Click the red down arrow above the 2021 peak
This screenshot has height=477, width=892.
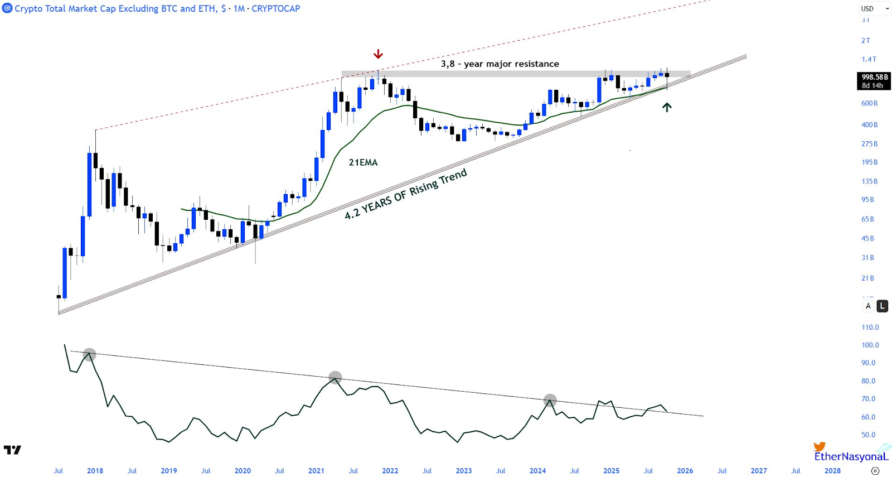pos(378,54)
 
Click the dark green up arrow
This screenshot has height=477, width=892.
pos(667,107)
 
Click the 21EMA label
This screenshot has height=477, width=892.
pos(363,162)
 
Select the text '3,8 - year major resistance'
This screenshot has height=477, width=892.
pos(500,64)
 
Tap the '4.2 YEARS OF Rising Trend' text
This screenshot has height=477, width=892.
pos(406,194)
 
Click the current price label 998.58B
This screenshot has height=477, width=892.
pos(874,78)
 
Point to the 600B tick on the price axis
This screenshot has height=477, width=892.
pos(869,103)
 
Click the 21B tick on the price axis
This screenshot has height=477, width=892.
pos(867,278)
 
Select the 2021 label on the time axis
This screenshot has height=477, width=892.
pos(316,471)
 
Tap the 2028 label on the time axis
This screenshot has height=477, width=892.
pos(832,471)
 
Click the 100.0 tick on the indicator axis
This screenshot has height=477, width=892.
pos(870,345)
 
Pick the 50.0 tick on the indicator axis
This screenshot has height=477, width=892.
pos(868,435)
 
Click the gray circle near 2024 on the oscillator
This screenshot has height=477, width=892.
pos(550,401)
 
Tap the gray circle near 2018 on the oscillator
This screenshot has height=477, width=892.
pos(89,354)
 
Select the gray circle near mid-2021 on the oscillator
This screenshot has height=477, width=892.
pos(335,378)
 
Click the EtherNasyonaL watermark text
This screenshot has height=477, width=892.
pos(850,456)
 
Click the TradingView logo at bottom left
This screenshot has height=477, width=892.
pos(12,450)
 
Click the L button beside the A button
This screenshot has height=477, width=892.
pos(882,306)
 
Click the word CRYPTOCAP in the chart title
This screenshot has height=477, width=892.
pos(275,8)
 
